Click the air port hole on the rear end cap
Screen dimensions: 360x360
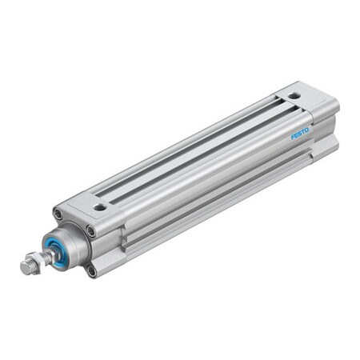pyautogui.click(x=294, y=96)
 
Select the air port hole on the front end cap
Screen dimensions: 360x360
pyautogui.click(x=100, y=206)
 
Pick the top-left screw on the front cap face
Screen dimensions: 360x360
pyautogui.click(x=58, y=214)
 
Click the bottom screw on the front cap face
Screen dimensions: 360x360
pyautogui.click(x=93, y=271)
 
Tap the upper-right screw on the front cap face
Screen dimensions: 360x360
pyautogui.click(x=90, y=231)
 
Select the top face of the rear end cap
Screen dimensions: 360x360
pyautogui.click(x=308, y=100)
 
